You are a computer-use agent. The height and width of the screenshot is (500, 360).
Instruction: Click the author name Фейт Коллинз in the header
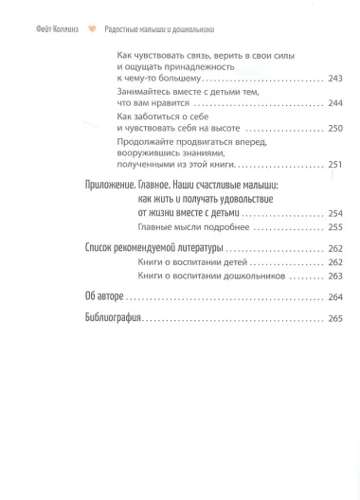point(49,28)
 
